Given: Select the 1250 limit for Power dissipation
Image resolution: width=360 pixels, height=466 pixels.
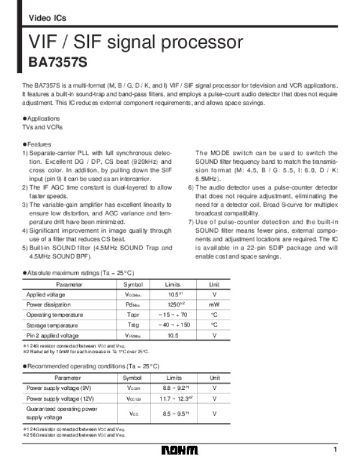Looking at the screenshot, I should click(x=173, y=305).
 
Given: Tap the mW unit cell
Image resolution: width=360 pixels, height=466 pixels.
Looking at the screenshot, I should click(x=214, y=305).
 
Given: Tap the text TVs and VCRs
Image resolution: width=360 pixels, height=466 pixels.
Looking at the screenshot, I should click(x=42, y=128).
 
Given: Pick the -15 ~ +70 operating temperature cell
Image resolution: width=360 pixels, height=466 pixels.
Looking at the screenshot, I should click(x=173, y=315).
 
